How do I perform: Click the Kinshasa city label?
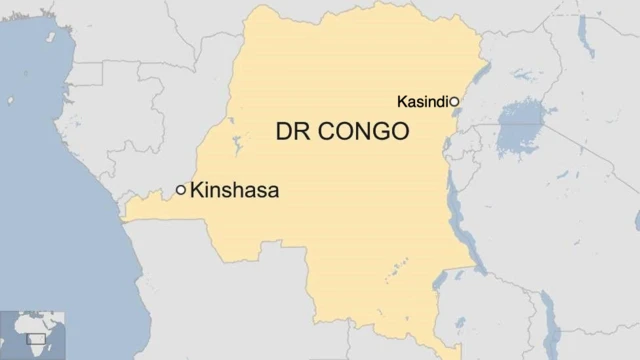click(x=234, y=189)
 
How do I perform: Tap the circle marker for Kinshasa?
click(x=181, y=189)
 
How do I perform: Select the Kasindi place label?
click(x=422, y=102)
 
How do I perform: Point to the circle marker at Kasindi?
click(x=454, y=102)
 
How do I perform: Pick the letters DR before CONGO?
click(x=292, y=132)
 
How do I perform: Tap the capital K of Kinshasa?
click(x=197, y=189)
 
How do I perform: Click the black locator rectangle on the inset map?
click(x=36, y=339)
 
